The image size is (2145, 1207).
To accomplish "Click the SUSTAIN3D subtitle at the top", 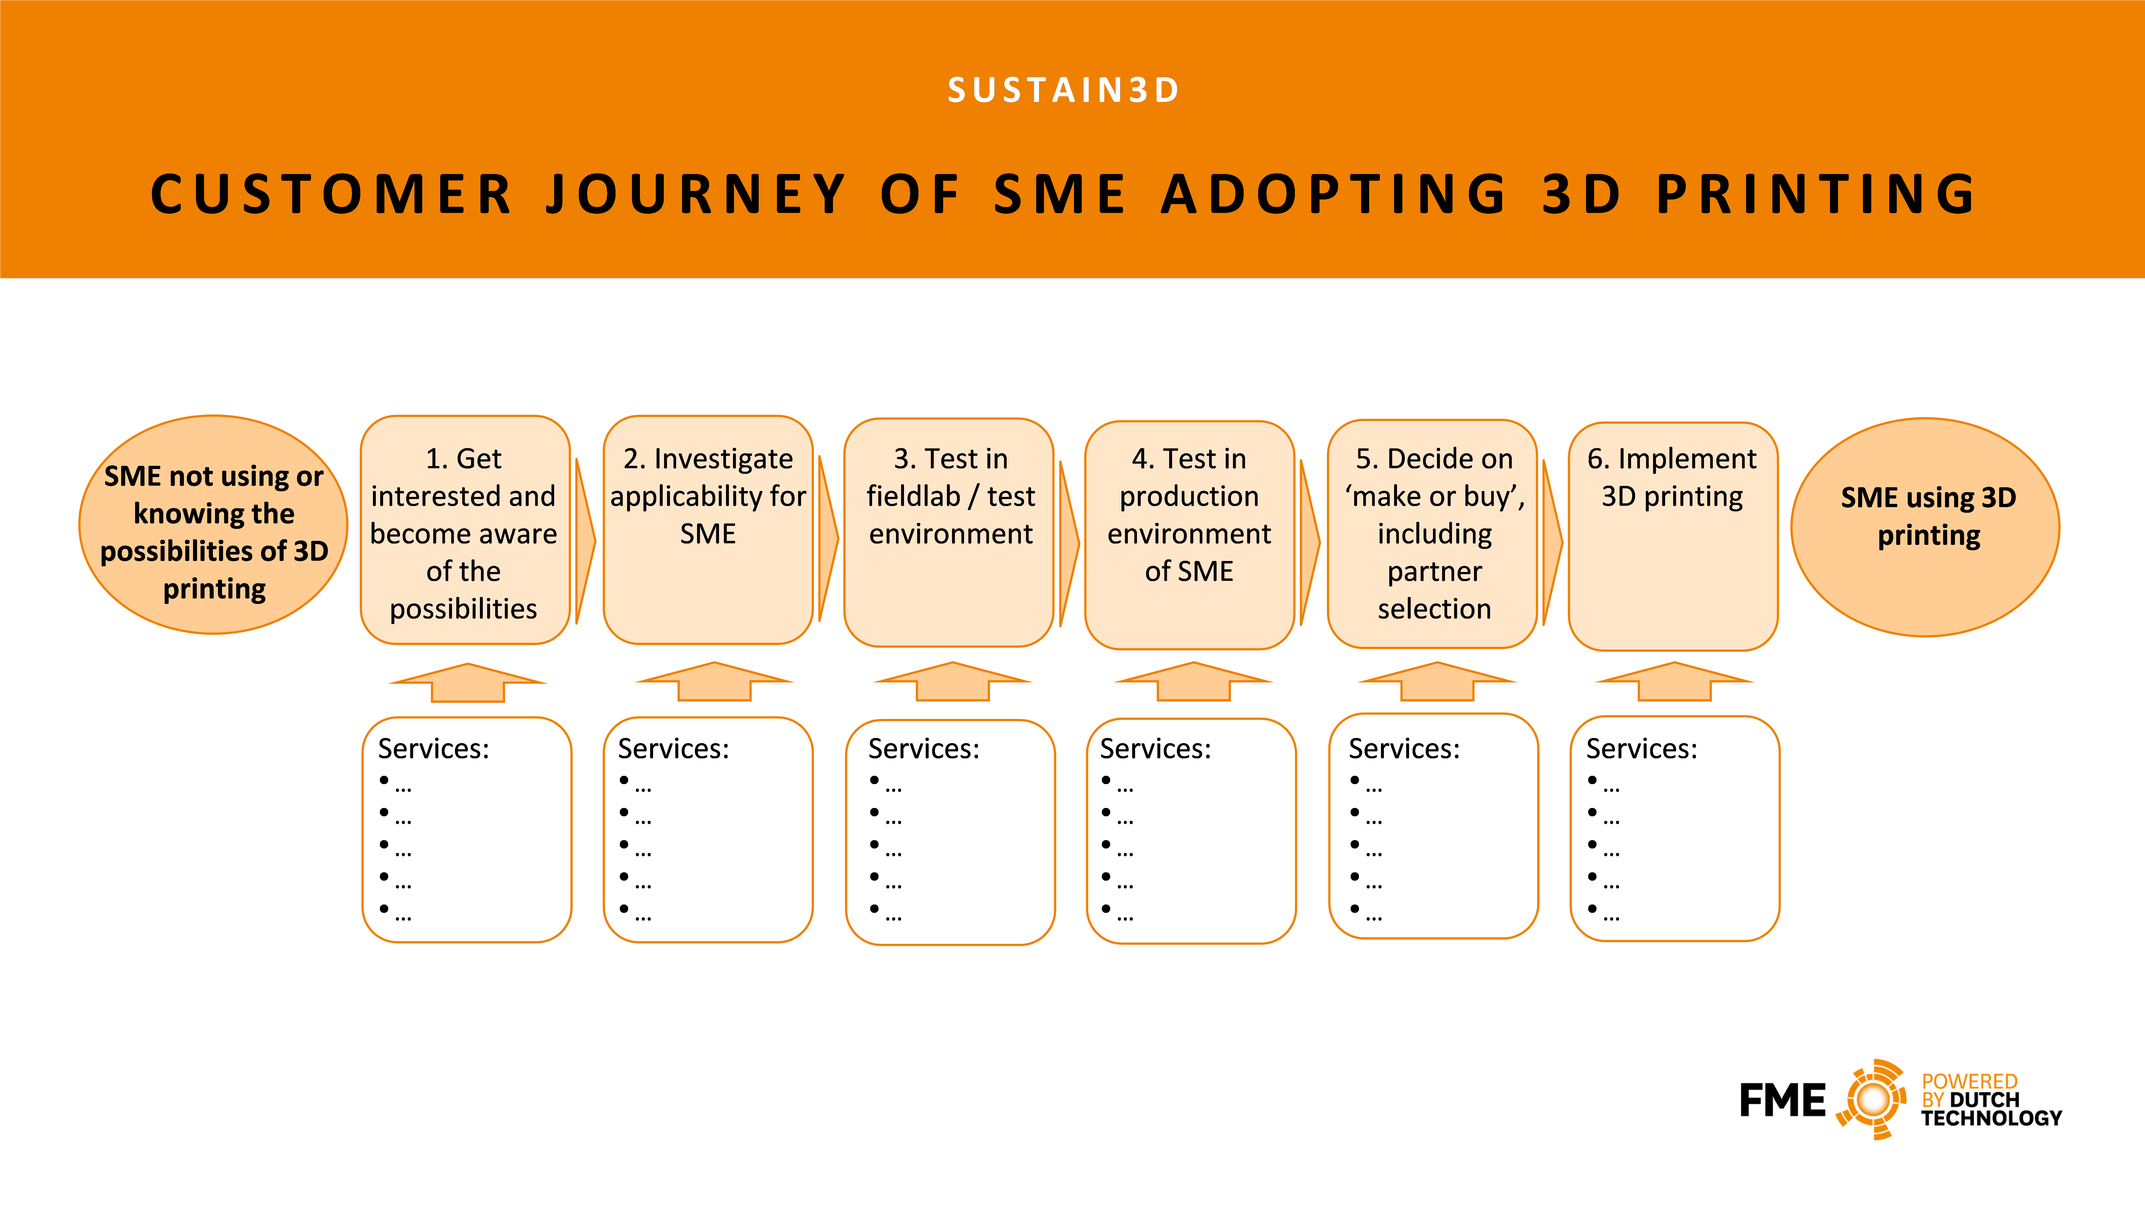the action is click(x=1063, y=90).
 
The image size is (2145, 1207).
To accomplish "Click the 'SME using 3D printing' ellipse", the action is click(x=1925, y=527).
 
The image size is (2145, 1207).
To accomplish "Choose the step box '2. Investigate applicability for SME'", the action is click(x=708, y=530).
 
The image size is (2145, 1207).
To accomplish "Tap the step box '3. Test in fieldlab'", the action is click(x=949, y=532).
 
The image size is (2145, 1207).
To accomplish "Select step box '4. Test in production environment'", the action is click(x=1190, y=535).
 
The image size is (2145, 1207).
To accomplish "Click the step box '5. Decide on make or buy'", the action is click(x=1432, y=534).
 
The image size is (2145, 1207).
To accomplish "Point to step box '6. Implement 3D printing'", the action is click(x=1673, y=536).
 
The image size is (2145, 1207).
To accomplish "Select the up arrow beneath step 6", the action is click(x=1674, y=681).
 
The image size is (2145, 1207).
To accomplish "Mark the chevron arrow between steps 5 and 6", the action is click(x=1552, y=542).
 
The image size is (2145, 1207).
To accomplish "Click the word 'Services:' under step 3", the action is click(x=924, y=749).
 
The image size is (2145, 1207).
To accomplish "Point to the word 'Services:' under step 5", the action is click(x=1404, y=749).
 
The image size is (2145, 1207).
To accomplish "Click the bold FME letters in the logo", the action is click(x=1782, y=1100).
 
